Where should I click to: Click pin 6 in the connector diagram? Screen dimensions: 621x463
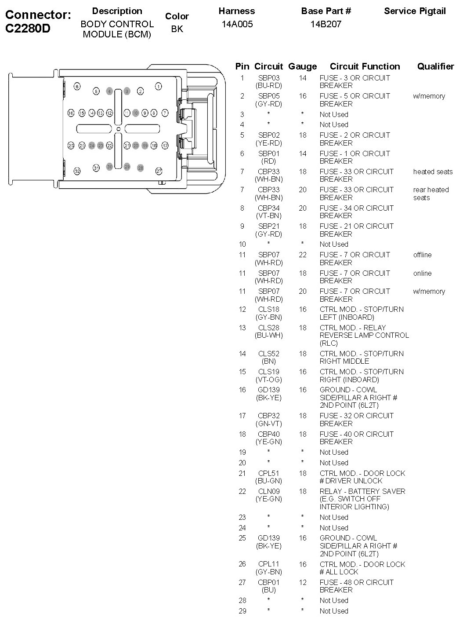coord(77,86)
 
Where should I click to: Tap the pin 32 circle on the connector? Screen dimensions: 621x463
coord(77,171)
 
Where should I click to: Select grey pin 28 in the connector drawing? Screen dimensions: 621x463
coord(140,168)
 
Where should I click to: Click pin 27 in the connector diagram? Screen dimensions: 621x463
coord(159,171)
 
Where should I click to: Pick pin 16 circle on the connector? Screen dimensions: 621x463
coord(71,113)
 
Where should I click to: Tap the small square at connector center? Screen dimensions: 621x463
coord(118,129)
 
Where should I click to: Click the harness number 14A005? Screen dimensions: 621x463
coord(237,24)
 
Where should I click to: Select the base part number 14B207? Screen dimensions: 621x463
coord(326,24)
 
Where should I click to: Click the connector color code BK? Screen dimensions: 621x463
coord(177,29)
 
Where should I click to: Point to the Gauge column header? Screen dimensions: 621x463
coord(302,66)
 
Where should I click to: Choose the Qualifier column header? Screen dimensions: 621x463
coord(435,66)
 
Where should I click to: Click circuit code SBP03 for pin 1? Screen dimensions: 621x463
coord(268,78)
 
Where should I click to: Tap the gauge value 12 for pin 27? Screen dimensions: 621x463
coord(303,582)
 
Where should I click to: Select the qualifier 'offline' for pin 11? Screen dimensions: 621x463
coord(422,255)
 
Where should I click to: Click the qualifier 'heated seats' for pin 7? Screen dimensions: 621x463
coord(433,172)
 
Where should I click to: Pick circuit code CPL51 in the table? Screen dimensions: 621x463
coord(268,473)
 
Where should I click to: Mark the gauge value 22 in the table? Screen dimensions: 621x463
coord(303,255)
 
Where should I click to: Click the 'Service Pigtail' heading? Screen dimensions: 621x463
coord(415,11)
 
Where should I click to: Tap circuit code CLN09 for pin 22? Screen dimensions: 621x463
coord(268,491)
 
